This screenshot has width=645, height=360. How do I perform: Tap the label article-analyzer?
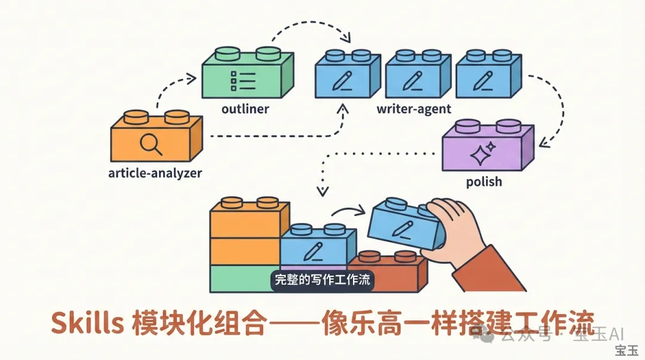pyautogui.click(x=155, y=174)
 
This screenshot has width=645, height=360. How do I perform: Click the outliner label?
pyautogui.click(x=245, y=109)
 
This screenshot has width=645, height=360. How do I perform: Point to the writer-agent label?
pyautogui.click(x=413, y=109)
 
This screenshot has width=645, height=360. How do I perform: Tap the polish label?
pyautogui.click(x=484, y=181)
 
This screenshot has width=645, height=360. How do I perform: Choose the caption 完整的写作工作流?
pyautogui.click(x=322, y=279)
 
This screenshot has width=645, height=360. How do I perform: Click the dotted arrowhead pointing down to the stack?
pyautogui.click(x=322, y=192)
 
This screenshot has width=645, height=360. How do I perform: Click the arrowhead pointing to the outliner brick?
pyautogui.click(x=192, y=78)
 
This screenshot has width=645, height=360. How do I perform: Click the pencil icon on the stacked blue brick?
pyautogui.click(x=313, y=251)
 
